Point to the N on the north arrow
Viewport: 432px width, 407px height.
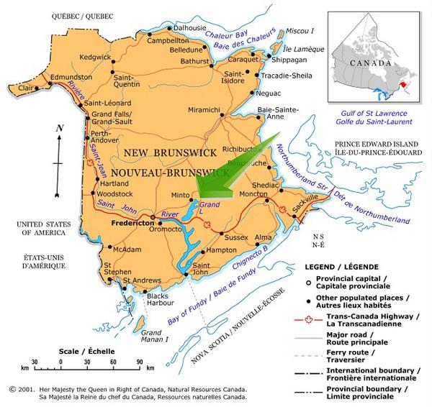pyautogui.click(x=60, y=128)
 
